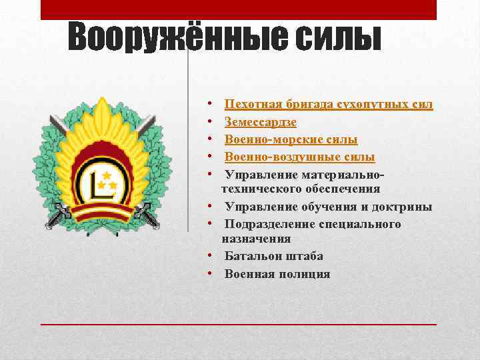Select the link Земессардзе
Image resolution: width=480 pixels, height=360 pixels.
coord(261,122)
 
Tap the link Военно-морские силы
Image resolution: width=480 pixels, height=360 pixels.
coord(291,139)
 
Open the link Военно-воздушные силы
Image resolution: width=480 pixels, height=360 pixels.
coord(299,157)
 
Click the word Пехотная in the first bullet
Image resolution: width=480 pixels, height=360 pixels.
coord(254,104)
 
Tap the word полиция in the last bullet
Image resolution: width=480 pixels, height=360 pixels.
coord(305,274)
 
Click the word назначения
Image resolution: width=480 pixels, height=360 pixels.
coord(256,238)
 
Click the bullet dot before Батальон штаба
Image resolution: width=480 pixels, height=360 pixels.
coord(209,256)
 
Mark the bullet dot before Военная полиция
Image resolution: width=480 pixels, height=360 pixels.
coord(209,274)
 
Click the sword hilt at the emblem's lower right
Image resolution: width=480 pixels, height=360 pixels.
coord(145,212)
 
